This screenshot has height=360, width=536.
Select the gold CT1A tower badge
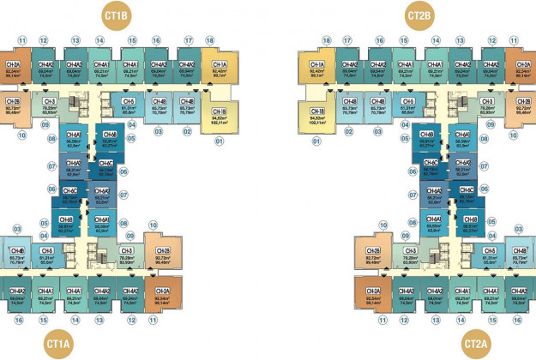pos(59,345)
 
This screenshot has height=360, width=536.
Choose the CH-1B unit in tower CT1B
pos(218,114)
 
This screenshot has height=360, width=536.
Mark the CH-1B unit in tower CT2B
pos(316,114)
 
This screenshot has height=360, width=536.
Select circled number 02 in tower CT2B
pos(349,131)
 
